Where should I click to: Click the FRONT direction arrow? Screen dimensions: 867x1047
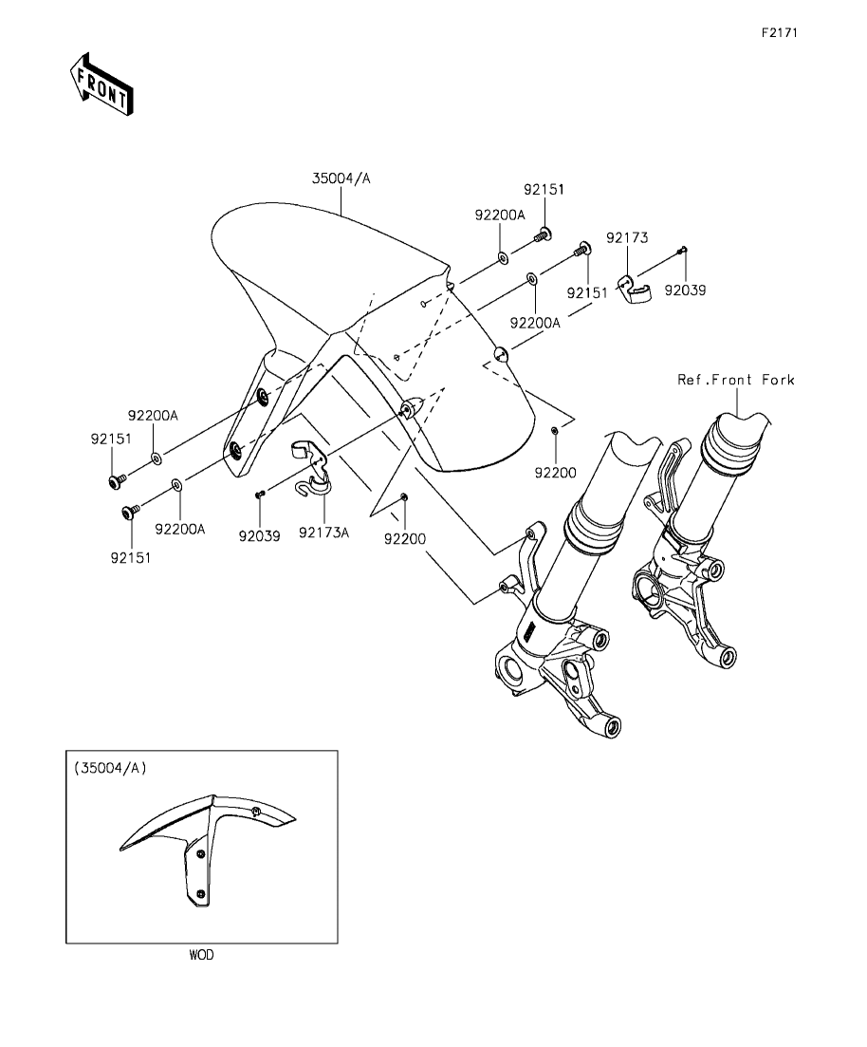pyautogui.click(x=101, y=84)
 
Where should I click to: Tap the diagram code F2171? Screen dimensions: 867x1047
pyautogui.click(x=780, y=32)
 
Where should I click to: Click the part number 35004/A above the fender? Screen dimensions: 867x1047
pyautogui.click(x=341, y=178)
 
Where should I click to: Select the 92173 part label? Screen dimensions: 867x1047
pyautogui.click(x=627, y=237)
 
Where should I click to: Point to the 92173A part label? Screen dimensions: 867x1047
pyautogui.click(x=323, y=533)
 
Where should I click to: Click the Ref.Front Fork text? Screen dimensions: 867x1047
pyautogui.click(x=736, y=380)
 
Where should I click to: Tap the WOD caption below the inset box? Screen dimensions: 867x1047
pyautogui.click(x=201, y=955)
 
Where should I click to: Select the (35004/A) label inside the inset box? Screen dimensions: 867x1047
pyautogui.click(x=110, y=768)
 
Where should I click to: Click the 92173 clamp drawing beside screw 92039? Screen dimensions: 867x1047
pyautogui.click(x=632, y=288)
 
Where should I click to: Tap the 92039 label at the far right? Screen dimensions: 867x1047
pyautogui.click(x=685, y=290)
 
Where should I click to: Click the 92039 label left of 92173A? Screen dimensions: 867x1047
pyautogui.click(x=260, y=535)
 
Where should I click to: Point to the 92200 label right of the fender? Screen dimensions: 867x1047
pyautogui.click(x=555, y=473)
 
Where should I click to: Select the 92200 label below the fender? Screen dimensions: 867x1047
pyautogui.click(x=404, y=539)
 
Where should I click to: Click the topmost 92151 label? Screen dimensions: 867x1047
pyautogui.click(x=544, y=189)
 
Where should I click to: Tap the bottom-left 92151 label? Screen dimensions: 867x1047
pyautogui.click(x=131, y=557)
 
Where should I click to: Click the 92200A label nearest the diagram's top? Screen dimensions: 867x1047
pyautogui.click(x=500, y=215)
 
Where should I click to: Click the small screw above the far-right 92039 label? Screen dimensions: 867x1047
pyautogui.click(x=682, y=251)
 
